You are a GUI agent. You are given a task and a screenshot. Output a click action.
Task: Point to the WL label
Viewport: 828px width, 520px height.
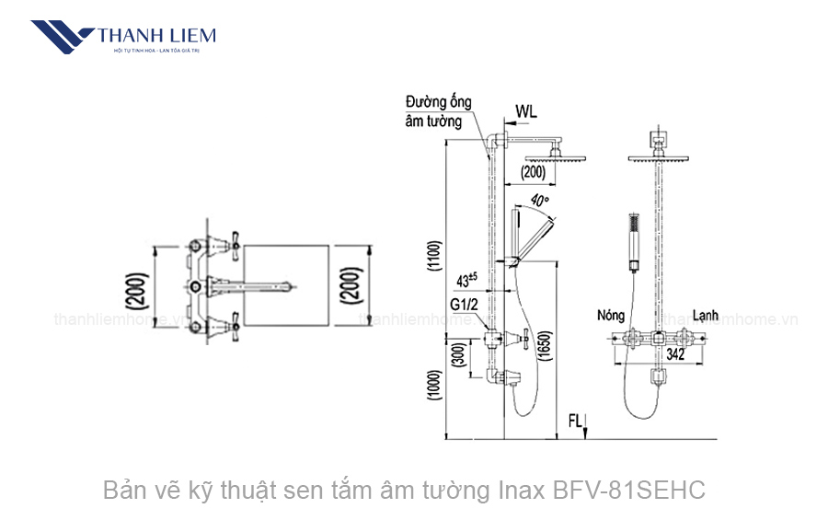[x=525, y=111]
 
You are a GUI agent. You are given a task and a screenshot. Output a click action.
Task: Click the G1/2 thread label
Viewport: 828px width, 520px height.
[x=465, y=304]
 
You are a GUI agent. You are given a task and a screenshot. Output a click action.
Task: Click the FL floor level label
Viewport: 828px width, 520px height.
[x=575, y=422]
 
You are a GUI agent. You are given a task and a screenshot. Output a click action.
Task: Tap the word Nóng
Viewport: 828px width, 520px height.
[x=610, y=315]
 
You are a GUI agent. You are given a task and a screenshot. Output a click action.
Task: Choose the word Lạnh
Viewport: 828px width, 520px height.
[x=707, y=315]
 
